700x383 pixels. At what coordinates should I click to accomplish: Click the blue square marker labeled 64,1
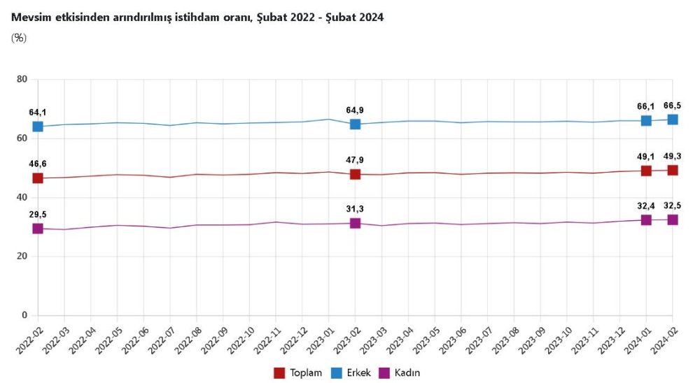tap(38, 127)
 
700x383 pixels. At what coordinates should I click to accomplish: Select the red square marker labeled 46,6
tap(38, 178)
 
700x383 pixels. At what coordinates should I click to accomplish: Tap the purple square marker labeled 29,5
tap(38, 229)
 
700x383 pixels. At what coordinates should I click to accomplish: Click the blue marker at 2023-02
tap(355, 124)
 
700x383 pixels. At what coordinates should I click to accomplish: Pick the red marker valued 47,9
tap(355, 174)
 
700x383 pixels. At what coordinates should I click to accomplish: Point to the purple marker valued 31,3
tap(355, 223)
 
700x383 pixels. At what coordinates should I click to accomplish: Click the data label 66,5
tap(673, 106)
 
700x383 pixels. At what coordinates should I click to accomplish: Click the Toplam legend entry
tap(299, 373)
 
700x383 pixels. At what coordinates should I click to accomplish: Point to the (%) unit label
tap(19, 38)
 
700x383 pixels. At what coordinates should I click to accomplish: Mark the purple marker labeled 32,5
tap(673, 219)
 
